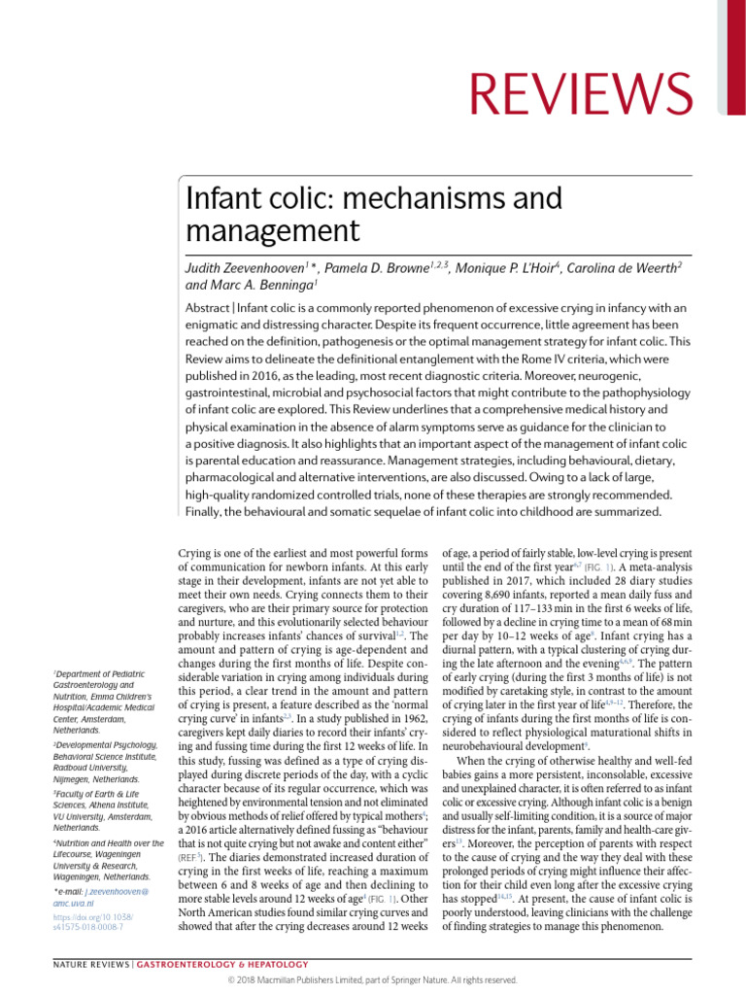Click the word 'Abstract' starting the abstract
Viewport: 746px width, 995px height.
pyautogui.click(x=208, y=308)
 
